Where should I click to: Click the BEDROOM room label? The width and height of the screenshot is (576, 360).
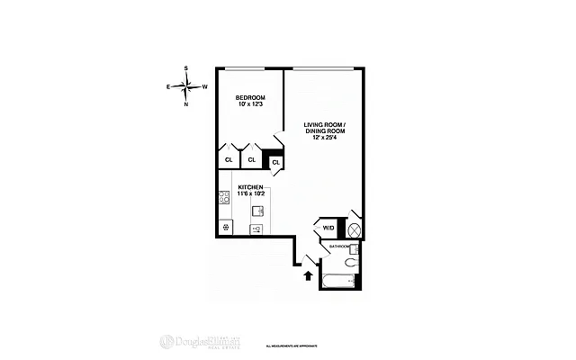coord(250,97)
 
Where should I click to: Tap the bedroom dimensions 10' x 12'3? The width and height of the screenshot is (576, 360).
coord(250,106)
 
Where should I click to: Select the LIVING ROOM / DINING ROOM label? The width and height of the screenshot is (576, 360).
coord(324,128)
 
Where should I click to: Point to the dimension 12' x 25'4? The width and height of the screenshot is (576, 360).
coord(324,138)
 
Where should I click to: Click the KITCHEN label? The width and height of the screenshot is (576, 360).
coord(250,186)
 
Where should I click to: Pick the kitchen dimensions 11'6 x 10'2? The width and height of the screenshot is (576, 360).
coord(250,193)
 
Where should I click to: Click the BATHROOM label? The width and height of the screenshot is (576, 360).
coord(338,247)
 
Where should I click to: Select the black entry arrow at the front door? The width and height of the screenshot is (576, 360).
coord(310,276)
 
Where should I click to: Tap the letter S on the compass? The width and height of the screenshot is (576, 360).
coord(185,68)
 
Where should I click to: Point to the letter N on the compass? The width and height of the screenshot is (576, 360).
coord(185,104)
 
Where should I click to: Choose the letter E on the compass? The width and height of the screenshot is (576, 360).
coord(167,86)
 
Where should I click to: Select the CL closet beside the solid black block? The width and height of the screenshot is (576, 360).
coord(275,162)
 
